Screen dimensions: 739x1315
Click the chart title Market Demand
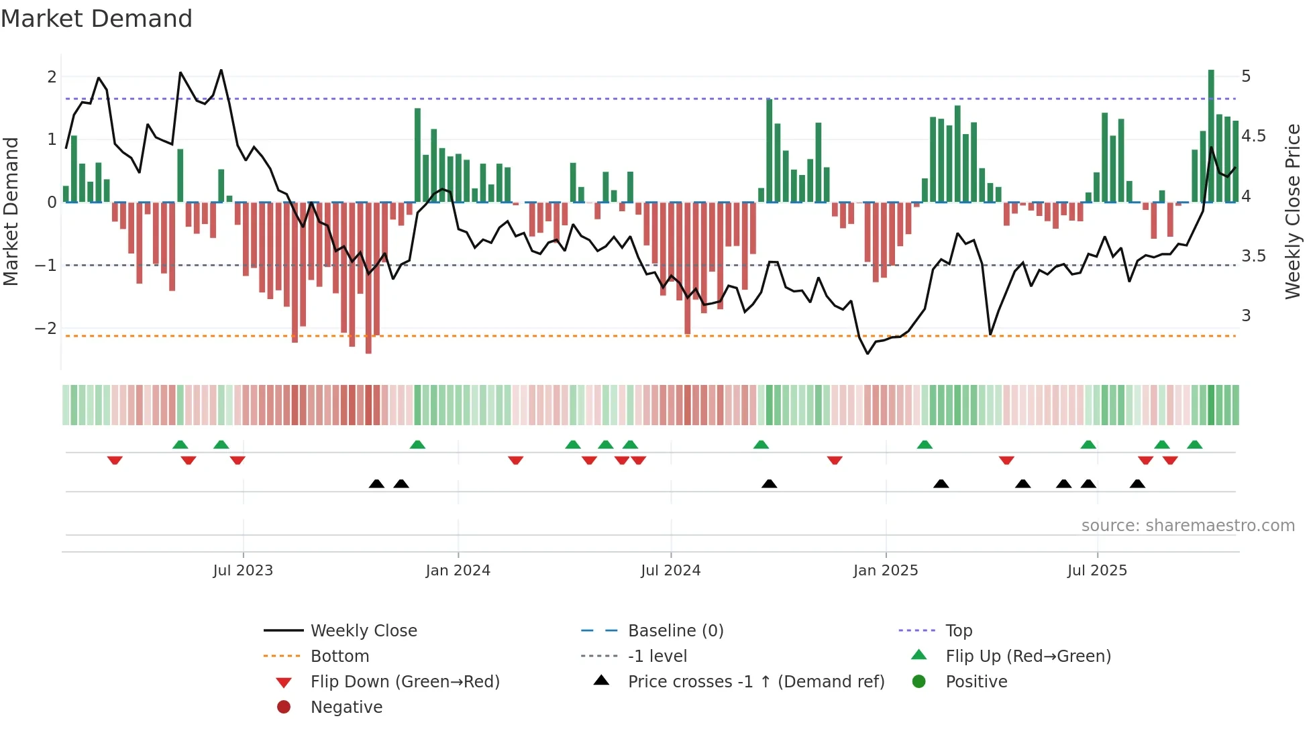97,19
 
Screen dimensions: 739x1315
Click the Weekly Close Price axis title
1292,211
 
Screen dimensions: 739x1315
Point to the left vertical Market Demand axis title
11,211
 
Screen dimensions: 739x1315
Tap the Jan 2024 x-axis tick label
458,571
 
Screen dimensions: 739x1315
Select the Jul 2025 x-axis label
1097,571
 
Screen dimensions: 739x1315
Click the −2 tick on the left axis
46,329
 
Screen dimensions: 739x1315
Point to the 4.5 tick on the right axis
1253,136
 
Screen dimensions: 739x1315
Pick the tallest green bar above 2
1211,134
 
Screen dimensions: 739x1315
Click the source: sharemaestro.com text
1188,526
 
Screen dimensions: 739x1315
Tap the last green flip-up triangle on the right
1194,445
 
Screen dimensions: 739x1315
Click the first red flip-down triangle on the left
115,460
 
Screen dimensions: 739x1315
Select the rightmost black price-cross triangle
1137,484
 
